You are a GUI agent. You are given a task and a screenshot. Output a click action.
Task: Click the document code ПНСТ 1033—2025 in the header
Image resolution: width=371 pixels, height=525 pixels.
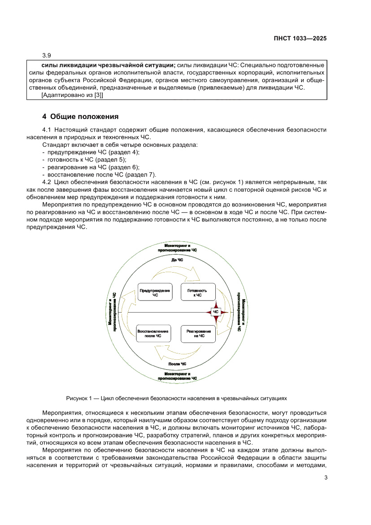(x=300, y=39)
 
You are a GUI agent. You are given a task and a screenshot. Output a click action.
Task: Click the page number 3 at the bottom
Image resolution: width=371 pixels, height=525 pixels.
(x=325, y=477)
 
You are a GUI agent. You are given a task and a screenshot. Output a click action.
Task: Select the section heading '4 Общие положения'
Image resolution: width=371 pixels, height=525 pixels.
(x=80, y=117)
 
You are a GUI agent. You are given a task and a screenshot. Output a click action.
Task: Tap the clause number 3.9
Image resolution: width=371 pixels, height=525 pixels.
(x=47, y=56)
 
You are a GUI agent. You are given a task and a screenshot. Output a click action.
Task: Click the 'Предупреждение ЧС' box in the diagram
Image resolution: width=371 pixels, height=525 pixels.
(x=155, y=293)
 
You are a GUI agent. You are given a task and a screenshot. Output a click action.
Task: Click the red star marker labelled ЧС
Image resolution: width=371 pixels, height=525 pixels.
(x=216, y=312)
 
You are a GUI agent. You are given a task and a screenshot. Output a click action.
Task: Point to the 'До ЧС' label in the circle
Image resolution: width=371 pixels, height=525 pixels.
(x=177, y=260)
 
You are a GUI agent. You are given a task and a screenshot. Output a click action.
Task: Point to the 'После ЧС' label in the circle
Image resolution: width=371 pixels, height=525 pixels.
(x=177, y=363)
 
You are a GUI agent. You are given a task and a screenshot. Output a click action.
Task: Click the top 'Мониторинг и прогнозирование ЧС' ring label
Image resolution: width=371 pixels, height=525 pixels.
(x=177, y=247)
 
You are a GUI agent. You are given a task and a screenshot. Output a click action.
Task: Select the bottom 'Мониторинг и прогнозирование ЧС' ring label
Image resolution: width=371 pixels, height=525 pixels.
(x=177, y=376)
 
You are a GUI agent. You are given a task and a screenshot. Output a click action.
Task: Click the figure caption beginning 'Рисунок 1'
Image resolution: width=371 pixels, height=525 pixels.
(x=176, y=398)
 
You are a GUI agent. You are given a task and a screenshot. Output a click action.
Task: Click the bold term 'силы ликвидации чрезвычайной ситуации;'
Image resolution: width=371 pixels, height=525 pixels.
(x=105, y=65)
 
